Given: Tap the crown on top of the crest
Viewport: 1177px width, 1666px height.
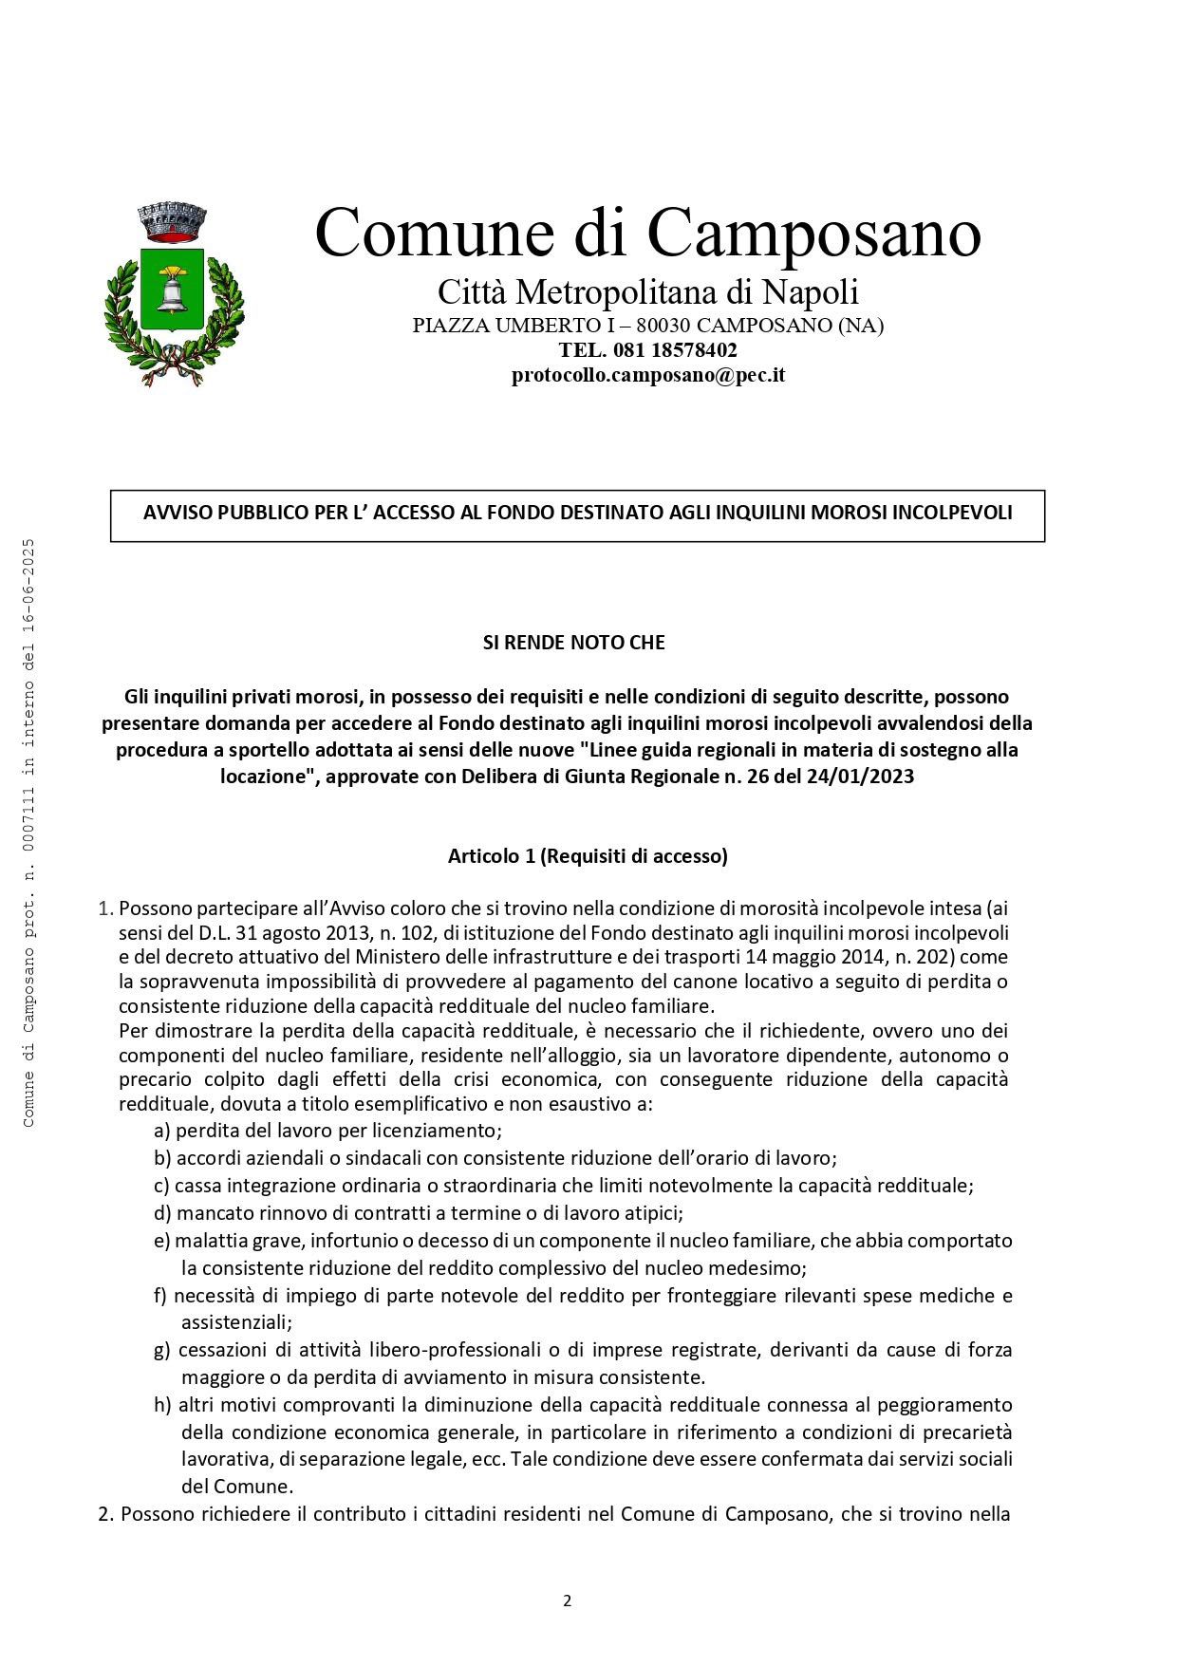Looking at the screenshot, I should (172, 221).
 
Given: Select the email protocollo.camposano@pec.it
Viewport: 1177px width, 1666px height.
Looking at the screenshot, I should (648, 375).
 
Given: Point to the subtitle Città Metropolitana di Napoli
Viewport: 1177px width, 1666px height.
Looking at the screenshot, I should (647, 290).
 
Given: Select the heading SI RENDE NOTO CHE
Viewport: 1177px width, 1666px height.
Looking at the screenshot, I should (574, 643).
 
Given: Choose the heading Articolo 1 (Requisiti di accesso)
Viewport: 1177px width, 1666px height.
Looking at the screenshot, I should (588, 856).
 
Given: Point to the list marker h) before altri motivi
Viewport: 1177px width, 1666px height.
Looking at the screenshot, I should (162, 1405).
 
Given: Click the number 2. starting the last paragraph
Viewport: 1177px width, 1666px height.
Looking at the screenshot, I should (107, 1515).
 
